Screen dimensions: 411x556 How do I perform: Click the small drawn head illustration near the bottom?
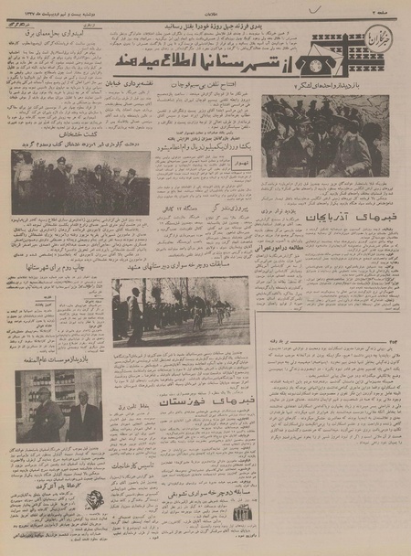[95, 501]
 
